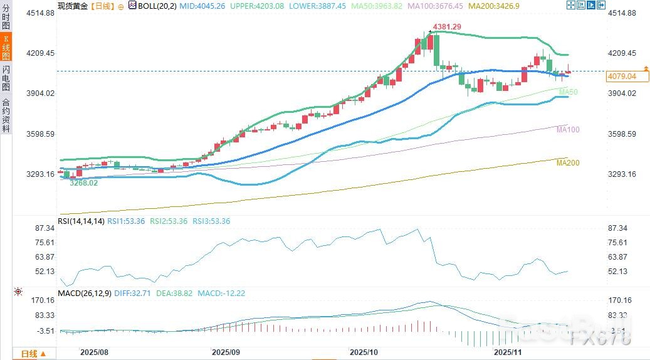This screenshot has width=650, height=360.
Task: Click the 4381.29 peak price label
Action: coord(446,27)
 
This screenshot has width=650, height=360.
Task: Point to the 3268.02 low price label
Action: coord(83,183)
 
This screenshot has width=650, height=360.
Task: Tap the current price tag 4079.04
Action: coord(621,77)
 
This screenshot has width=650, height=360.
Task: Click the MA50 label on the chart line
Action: coord(569,92)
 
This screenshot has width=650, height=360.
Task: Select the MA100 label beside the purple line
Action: coord(568,129)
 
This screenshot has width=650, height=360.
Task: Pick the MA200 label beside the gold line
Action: coord(568,163)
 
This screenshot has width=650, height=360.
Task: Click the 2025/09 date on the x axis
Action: coord(226,353)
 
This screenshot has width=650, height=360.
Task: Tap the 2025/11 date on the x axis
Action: coord(508,353)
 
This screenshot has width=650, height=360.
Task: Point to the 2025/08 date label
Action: coord(93,353)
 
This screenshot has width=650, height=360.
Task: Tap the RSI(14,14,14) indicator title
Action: coord(81,221)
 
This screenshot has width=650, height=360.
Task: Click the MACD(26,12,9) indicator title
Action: coord(84,293)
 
